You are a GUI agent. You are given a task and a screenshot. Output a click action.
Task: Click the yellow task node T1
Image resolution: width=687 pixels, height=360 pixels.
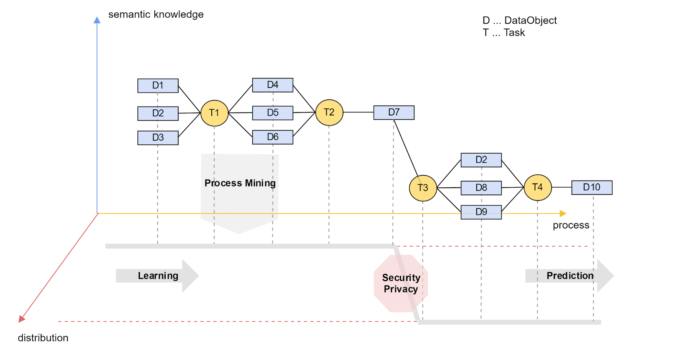click(x=214, y=113)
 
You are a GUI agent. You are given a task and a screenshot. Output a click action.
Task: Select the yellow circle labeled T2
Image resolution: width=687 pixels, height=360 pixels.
click(x=329, y=112)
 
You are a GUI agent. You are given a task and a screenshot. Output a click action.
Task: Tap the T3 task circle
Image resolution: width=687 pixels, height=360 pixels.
click(x=423, y=188)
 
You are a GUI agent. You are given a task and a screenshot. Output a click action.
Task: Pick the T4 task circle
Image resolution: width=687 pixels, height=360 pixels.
click(x=538, y=187)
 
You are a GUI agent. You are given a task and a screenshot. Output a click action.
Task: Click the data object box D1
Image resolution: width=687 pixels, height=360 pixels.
click(x=158, y=86)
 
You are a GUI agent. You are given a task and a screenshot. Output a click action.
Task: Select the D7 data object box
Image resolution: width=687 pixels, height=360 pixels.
click(x=394, y=112)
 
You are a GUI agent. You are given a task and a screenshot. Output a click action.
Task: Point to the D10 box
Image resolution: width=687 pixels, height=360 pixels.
click(x=592, y=187)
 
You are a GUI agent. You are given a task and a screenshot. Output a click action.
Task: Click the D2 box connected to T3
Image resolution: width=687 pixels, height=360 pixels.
click(x=481, y=160)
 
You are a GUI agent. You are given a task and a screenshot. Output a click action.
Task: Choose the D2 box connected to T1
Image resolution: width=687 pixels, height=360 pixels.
click(x=158, y=113)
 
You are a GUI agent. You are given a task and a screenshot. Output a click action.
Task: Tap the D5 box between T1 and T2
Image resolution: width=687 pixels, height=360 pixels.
click(x=273, y=113)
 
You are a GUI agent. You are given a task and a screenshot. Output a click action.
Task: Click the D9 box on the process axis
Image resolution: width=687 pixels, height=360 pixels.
click(x=481, y=212)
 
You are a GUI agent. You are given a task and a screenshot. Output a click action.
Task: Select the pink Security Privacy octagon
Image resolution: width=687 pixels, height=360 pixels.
click(x=401, y=283)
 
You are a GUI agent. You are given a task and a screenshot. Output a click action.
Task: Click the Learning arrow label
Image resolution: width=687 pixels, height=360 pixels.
click(x=158, y=276)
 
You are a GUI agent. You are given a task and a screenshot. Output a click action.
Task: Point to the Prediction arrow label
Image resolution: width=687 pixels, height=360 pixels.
click(x=570, y=276)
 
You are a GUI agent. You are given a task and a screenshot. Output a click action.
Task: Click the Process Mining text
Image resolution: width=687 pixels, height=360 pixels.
click(x=240, y=183)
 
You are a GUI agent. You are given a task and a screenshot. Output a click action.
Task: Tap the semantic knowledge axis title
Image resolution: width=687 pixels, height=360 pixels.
click(x=156, y=14)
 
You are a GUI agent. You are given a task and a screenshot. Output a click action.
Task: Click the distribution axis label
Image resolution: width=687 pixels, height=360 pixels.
click(x=43, y=338)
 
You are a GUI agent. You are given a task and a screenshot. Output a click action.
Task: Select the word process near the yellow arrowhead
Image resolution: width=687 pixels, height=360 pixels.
click(x=571, y=225)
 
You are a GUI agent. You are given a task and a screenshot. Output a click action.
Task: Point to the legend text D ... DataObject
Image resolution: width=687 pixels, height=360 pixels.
click(x=519, y=20)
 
